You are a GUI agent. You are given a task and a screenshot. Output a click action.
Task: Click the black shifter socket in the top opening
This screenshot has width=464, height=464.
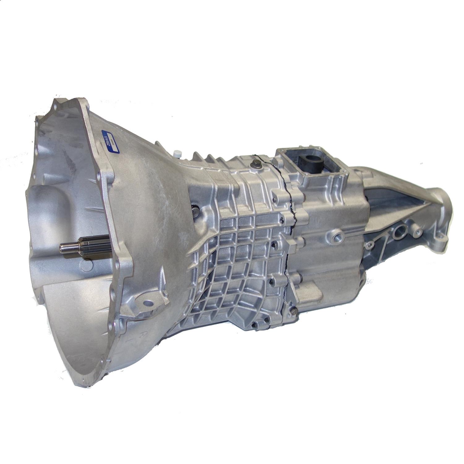(x=307, y=161)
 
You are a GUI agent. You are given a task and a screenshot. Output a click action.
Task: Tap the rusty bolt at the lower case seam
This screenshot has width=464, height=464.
(x=292, y=311)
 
